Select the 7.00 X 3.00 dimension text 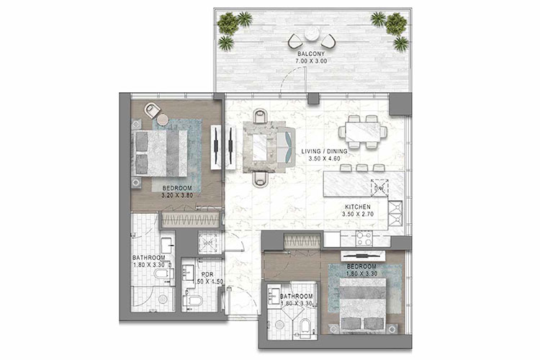tap(310, 62)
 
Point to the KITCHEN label tap(360, 204)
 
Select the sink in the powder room tap(189, 272)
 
